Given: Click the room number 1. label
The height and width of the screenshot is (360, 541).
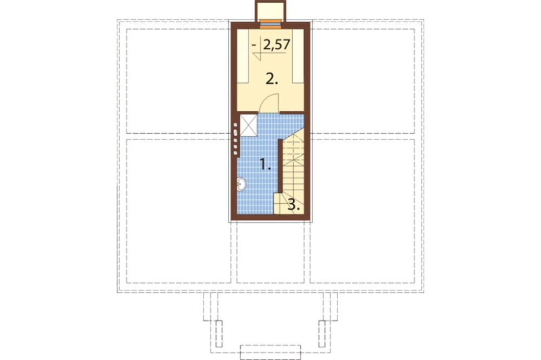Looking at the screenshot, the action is coord(265,164).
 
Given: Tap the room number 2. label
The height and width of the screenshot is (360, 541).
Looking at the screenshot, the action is coord(272,79).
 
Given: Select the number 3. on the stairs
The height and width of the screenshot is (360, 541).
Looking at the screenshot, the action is coord(294,205).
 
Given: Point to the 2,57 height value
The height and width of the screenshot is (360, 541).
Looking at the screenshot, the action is coord(276,45).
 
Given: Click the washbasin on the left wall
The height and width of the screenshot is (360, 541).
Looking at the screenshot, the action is coord(241,184).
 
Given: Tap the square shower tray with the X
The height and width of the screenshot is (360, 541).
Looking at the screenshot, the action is coord(248,125).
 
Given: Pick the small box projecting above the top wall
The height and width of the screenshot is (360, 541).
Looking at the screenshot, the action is coord(270,11).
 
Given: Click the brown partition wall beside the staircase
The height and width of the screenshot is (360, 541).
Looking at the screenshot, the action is coord(280,165).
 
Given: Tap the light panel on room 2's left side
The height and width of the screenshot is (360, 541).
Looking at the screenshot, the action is coord(242,56).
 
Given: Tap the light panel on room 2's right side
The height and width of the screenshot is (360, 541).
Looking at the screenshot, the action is coord(298,56).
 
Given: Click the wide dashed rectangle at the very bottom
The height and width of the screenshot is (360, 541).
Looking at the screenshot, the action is coord(270,352).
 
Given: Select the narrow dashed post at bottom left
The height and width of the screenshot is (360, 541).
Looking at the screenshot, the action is coord(219,334).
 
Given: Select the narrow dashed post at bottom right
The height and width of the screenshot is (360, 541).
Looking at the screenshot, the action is coord(322,334).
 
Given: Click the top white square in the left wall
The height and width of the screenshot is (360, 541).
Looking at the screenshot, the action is coord(235,125).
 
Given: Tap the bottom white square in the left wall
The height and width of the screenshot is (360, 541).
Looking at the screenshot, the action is coord(236,153).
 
